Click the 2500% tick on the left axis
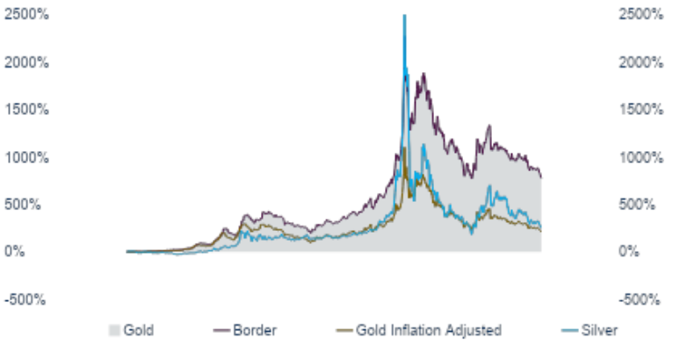pyautogui.click(x=26, y=15)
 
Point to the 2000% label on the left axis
pyautogui.click(x=26, y=62)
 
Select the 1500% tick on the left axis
pyautogui.click(x=26, y=110)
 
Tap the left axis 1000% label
pyautogui.click(x=26, y=157)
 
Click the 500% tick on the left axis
pyautogui.click(x=30, y=205)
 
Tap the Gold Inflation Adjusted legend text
pyautogui.click(x=428, y=331)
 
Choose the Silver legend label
pyautogui.click(x=600, y=331)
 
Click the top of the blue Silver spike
pyautogui.click(x=404, y=16)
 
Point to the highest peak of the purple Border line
pyautogui.click(x=424, y=74)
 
